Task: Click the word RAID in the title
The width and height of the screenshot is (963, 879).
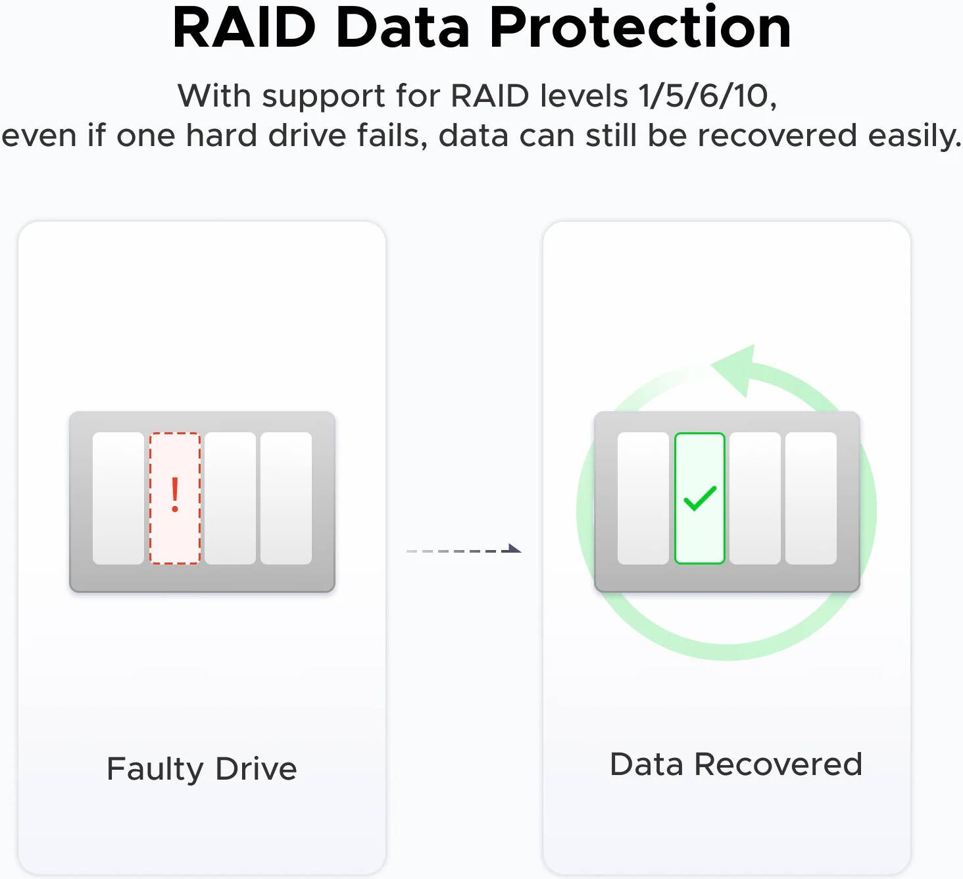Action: pos(244,28)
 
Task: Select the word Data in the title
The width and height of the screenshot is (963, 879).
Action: pos(403,28)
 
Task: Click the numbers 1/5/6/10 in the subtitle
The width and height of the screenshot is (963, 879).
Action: pos(707,95)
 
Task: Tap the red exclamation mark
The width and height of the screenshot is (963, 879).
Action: pos(175,495)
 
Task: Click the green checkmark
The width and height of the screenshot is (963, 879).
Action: pos(700,498)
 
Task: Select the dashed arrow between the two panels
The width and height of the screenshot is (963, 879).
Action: pos(464,549)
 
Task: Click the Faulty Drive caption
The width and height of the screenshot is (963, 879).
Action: pos(202,770)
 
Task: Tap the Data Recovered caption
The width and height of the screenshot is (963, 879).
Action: pos(736,765)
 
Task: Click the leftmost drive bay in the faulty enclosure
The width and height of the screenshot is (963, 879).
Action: pos(118,498)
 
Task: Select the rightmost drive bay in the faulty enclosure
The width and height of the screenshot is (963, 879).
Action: pos(286,498)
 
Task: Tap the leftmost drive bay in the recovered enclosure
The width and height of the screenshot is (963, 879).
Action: pos(643,498)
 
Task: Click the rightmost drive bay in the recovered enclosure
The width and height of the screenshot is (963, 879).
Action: pos(811,498)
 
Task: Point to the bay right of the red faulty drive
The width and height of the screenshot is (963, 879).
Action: pos(230,498)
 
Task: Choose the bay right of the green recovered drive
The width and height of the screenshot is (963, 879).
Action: pos(755,498)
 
